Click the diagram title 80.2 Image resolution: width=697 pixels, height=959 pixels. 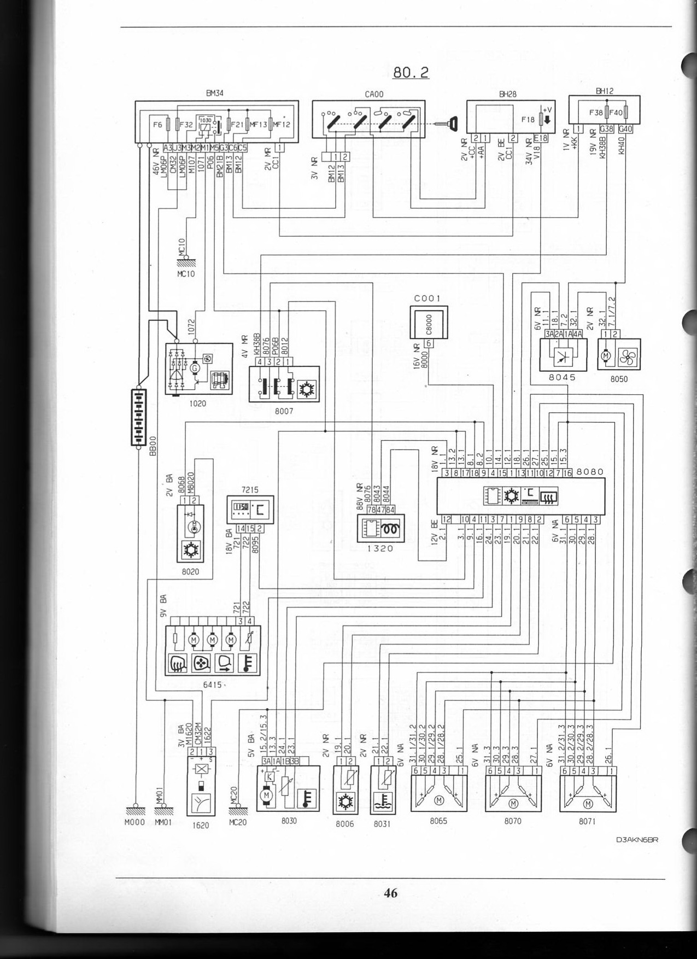pos(411,72)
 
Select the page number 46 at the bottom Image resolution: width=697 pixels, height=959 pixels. pos(390,893)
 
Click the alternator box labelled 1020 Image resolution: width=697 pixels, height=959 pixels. pos(198,369)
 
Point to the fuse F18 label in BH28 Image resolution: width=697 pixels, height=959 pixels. pos(528,120)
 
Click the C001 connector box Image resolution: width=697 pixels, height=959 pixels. pos(429,322)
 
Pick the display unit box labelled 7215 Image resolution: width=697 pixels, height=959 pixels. pos(250,509)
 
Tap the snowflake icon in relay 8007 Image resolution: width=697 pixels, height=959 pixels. pos(305,389)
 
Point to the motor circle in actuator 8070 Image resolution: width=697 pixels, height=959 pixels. pos(513,803)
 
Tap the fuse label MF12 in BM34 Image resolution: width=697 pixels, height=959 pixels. pos(283,125)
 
